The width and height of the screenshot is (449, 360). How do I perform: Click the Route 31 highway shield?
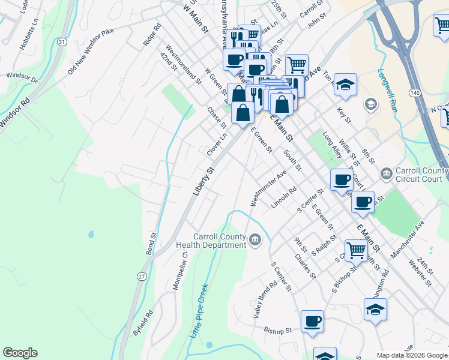point(62,41)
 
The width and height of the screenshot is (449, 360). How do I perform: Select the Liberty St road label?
point(203,181)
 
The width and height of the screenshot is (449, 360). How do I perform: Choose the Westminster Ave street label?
point(268,188)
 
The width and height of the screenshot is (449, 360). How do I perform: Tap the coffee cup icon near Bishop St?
point(312,320)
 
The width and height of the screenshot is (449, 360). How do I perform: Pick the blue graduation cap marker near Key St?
point(345,85)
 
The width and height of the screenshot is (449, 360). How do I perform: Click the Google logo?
point(20,353)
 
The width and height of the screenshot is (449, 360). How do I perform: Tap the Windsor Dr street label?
point(22,78)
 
